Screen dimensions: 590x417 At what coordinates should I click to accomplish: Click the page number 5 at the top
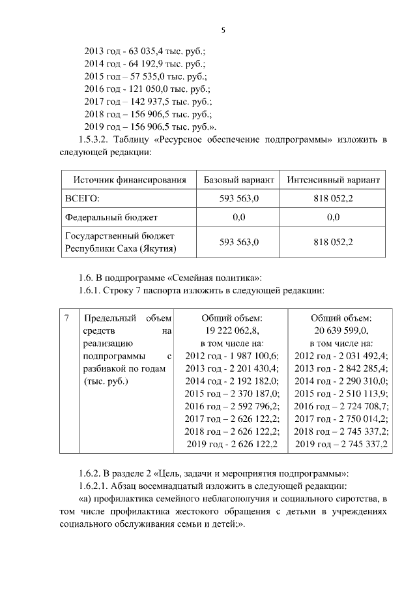tap(223, 30)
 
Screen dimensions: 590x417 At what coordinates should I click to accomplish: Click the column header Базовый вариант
tap(238, 179)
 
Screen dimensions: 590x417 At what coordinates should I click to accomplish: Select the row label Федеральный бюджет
tap(111, 216)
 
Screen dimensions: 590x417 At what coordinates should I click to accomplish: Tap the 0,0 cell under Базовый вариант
tap(238, 216)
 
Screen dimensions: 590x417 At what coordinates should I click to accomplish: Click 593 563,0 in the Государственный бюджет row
tap(238, 242)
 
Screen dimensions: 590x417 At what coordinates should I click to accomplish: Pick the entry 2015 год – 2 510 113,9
tap(341, 393)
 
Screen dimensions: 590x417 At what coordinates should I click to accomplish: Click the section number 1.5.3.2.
tap(95, 140)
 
